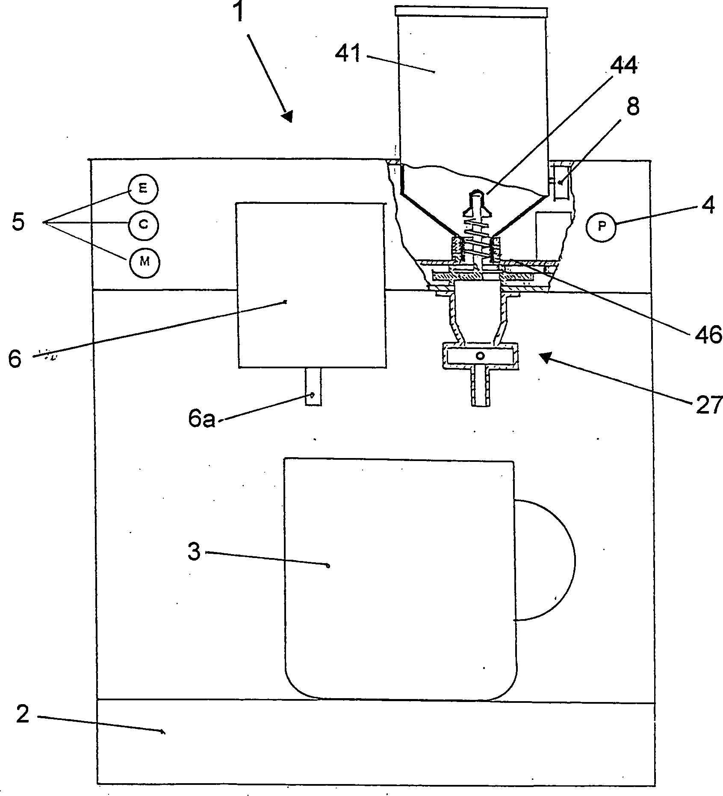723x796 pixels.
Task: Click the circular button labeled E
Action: [x=143, y=189]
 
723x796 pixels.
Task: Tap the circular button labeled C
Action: [x=143, y=224]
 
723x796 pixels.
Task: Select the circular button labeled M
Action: [x=144, y=261]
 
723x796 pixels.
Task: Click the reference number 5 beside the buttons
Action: [x=18, y=223]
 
